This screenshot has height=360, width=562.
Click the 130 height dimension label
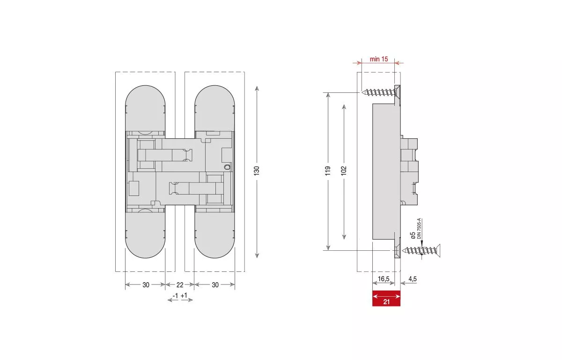257,171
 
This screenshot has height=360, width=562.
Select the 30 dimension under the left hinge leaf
146,285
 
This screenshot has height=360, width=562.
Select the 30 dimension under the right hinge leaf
215,285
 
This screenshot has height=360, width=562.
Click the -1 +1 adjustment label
180,295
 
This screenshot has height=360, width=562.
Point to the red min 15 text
379,59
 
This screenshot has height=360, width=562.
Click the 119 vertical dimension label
328,171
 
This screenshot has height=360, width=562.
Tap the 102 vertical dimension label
344,171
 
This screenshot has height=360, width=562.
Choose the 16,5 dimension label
384,279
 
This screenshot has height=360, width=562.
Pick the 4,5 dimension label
412,279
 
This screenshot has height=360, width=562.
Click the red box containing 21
386,298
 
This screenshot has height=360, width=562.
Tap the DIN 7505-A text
419,230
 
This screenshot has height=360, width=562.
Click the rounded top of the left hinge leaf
145,96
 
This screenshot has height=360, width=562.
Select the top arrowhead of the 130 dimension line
257,88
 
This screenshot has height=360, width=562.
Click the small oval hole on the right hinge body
228,166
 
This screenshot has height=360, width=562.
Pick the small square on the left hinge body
133,188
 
